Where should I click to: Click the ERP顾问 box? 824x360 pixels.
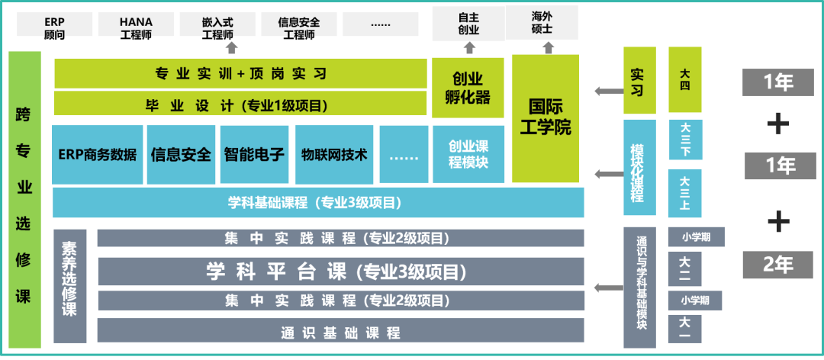[54, 25]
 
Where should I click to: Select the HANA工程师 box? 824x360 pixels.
[136, 25]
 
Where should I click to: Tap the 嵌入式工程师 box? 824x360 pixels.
[217, 25]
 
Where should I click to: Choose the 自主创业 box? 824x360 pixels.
[468, 24]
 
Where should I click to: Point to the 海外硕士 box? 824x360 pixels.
[542, 23]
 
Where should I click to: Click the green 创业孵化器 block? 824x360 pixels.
[468, 88]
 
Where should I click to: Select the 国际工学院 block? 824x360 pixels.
[546, 117]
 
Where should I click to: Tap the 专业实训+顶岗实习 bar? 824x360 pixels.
[240, 74]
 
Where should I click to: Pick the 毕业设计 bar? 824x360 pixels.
[240, 105]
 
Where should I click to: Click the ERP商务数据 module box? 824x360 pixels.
[98, 155]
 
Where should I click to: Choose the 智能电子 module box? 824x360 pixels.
[254, 155]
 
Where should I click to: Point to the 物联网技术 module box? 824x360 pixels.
[334, 155]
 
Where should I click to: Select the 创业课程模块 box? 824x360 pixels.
[468, 155]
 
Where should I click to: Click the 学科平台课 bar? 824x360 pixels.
[340, 272]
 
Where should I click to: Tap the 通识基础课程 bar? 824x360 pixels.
[340, 332]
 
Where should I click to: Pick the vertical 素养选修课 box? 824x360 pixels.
[69, 279]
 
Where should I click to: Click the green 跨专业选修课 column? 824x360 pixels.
[24, 200]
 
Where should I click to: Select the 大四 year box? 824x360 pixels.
[685, 79]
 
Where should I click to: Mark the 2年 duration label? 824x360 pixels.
[777, 265]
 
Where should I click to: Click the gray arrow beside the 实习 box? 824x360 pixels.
[607, 92]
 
